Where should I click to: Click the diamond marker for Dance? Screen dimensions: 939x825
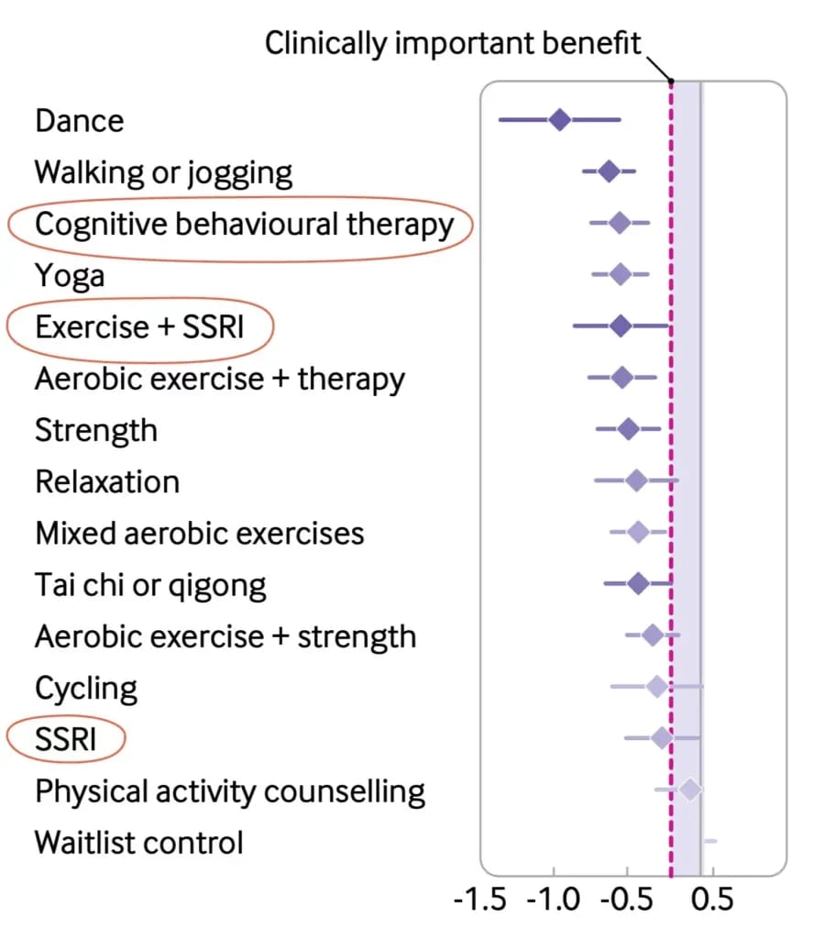(x=559, y=119)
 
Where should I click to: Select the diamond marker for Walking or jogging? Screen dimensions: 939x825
(x=609, y=171)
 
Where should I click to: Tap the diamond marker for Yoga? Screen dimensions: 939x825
(x=621, y=273)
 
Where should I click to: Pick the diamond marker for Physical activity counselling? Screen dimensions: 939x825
(x=689, y=789)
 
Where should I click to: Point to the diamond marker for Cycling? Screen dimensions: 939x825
(x=656, y=686)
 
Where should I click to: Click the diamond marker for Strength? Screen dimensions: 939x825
(x=628, y=428)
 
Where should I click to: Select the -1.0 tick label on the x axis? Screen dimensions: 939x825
(x=553, y=900)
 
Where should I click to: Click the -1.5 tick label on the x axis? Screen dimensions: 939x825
(x=480, y=900)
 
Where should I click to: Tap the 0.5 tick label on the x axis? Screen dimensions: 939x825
(x=712, y=900)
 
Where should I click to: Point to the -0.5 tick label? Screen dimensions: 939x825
(x=627, y=900)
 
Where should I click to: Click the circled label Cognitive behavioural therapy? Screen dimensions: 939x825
(x=244, y=224)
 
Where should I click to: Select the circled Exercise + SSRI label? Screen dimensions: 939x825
(x=139, y=326)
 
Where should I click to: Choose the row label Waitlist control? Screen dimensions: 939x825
(x=139, y=842)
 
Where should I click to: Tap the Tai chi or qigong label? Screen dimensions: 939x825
(x=150, y=584)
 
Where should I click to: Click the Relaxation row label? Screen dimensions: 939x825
(x=107, y=481)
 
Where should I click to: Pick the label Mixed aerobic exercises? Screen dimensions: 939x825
(x=199, y=533)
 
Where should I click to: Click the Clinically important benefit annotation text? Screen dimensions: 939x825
(x=453, y=43)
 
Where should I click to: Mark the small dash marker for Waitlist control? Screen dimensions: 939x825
(x=709, y=840)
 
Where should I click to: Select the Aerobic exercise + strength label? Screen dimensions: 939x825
(x=225, y=635)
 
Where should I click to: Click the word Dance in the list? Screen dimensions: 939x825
(x=79, y=120)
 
